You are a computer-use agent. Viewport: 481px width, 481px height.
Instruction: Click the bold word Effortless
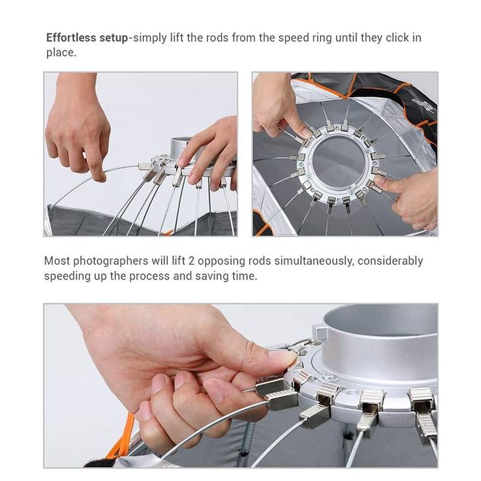pos(71,38)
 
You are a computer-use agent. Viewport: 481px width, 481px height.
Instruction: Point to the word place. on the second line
pos(61,53)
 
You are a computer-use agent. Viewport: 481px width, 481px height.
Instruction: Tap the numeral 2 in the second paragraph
pos(191,261)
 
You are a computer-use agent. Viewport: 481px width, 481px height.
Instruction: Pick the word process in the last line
pos(149,276)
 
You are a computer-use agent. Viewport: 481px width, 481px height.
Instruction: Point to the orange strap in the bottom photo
pos(122,438)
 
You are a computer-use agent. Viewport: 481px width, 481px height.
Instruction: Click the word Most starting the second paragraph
pos(57,261)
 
